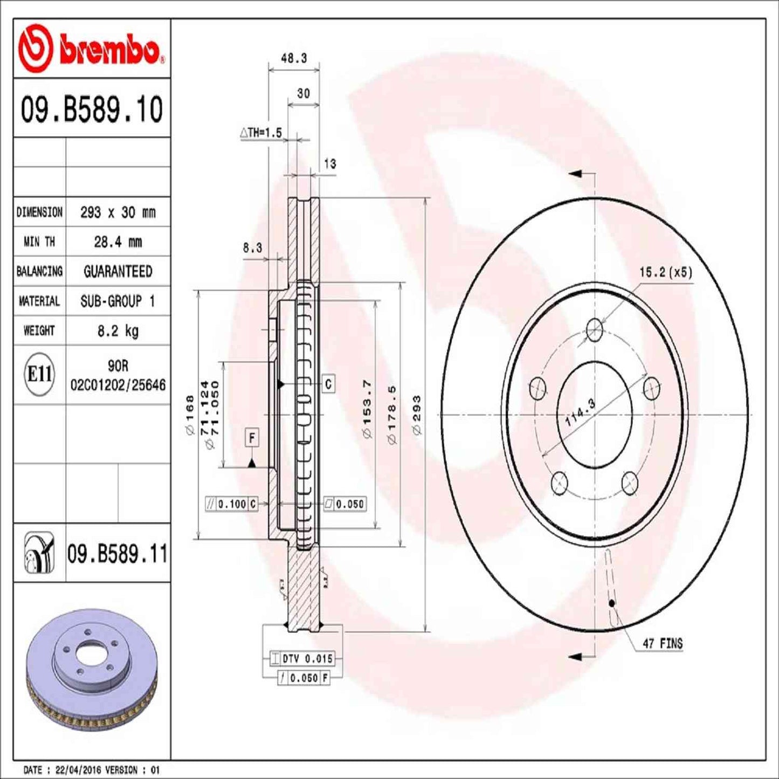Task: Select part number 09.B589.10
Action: tap(92, 109)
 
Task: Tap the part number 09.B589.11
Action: tap(117, 554)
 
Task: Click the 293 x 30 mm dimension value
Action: tap(118, 212)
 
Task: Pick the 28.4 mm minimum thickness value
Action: tap(118, 242)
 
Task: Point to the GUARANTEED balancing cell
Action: tap(118, 271)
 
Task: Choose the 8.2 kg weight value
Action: tap(118, 330)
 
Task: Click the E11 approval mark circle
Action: tap(39, 374)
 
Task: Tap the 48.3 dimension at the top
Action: tap(294, 58)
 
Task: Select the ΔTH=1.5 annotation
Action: tap(261, 133)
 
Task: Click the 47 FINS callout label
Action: tap(662, 643)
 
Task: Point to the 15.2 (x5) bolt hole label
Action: tap(665, 272)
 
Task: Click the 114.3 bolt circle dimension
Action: tap(580, 412)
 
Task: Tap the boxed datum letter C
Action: tap(328, 384)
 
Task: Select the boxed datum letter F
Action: tap(252, 437)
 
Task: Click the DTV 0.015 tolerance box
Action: tap(301, 658)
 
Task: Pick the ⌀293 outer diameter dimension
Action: tap(417, 415)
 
